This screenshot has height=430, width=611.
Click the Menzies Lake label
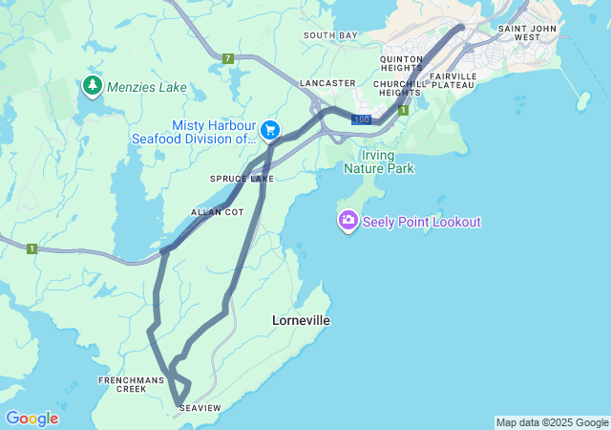(x=147, y=87)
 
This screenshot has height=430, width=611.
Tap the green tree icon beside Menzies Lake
(x=93, y=86)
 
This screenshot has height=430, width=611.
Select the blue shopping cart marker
(x=270, y=129)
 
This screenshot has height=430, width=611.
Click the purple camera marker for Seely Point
(x=348, y=221)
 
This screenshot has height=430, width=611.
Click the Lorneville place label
(x=301, y=321)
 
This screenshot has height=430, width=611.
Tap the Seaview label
(x=200, y=408)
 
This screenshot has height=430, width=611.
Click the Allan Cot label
(x=218, y=211)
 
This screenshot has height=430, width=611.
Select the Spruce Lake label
(x=242, y=179)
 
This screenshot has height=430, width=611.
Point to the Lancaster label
(x=327, y=83)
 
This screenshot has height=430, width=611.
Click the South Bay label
(x=330, y=35)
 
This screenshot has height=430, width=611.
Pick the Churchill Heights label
(x=399, y=89)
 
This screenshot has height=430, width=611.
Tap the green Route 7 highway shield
(x=227, y=59)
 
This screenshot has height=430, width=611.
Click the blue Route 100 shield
(x=361, y=119)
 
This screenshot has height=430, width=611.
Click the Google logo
(x=32, y=418)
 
